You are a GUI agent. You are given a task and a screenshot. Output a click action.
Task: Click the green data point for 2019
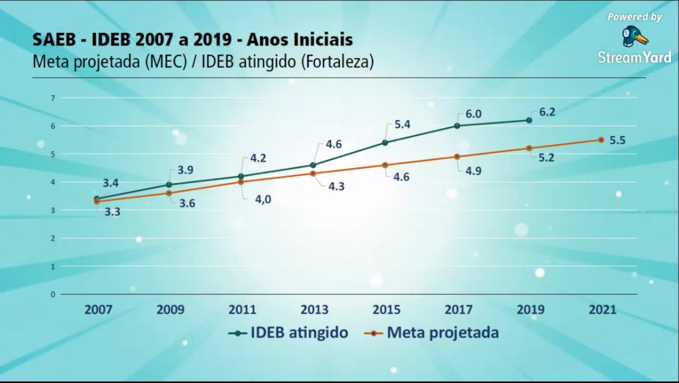pos(529,120)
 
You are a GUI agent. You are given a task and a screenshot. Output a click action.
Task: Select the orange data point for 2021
pos(601,140)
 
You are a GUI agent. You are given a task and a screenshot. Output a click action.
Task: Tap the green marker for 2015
pos(385,143)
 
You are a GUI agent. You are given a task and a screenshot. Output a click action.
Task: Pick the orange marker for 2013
pos(313,173)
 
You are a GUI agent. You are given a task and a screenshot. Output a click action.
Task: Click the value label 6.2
pos(547,112)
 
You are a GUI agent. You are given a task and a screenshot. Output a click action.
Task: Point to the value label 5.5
pos(617,140)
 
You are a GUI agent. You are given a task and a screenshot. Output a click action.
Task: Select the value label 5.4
pos(402,124)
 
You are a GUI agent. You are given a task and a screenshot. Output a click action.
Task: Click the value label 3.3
pos(112,212)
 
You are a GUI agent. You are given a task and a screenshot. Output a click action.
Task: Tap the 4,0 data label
pos(263,200)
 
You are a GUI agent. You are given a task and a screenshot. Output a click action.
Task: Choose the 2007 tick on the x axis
pos(98,310)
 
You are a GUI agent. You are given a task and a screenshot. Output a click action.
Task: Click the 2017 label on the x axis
pos(459,310)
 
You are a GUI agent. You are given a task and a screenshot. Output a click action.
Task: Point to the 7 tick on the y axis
pos(53,98)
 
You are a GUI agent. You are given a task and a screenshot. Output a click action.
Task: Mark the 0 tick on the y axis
pos(53,294)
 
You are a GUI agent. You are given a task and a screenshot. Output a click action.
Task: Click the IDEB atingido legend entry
pos(289,333)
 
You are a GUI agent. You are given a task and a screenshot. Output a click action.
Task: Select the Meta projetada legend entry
pos(431,333)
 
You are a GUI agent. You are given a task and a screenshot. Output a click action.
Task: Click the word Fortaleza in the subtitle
pos(337,62)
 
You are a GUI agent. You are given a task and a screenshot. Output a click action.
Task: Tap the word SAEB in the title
pos(54,40)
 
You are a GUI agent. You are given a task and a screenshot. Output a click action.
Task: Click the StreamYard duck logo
pos(635,37)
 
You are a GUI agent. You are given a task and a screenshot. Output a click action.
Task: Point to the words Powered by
pos(635,17)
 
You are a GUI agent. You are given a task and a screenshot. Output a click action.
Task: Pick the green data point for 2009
pos(169,185)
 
